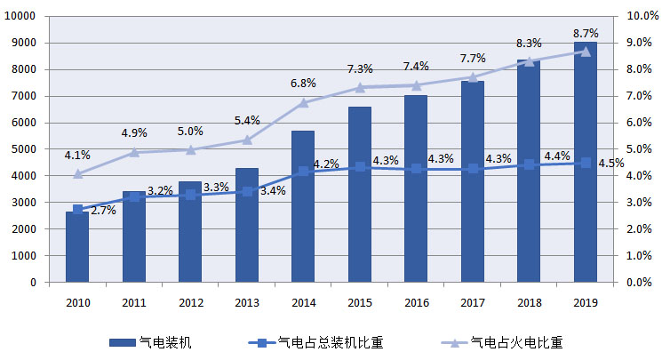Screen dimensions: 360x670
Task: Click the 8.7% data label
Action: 586,33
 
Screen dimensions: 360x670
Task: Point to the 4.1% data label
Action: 77,156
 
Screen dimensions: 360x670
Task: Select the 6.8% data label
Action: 303,84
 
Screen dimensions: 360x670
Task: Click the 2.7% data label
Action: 104,211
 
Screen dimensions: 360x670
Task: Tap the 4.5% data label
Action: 608,163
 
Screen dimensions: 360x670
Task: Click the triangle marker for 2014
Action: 303,102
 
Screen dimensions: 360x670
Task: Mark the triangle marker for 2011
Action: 134,152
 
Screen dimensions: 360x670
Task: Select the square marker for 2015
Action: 360,167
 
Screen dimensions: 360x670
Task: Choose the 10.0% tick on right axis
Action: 641,16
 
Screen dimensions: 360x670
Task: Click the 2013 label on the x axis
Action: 246,302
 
